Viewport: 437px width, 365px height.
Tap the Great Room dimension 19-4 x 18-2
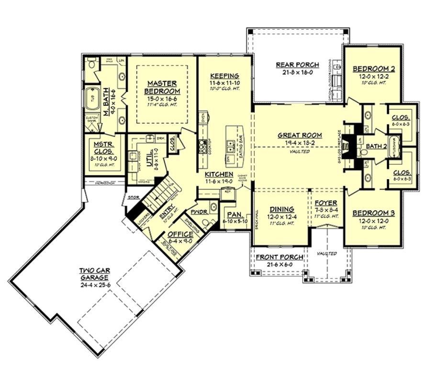300,143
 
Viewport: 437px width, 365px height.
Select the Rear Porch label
294,65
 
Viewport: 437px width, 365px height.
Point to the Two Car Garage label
94,274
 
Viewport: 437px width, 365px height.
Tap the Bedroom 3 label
370,213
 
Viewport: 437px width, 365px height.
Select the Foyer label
326,203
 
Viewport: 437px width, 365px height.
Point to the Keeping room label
224,76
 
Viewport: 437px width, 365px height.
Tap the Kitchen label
219,174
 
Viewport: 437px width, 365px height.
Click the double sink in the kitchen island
230,143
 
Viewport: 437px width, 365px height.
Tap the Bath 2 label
376,146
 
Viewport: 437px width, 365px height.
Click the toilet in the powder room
206,222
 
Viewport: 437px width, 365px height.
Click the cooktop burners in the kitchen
202,147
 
